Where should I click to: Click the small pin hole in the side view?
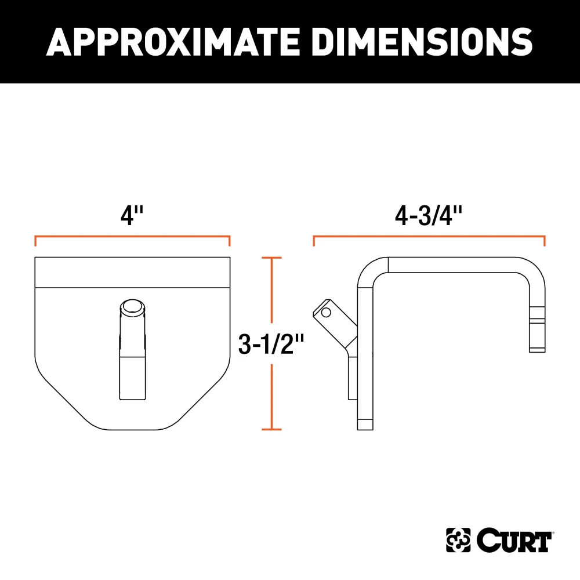[325, 313]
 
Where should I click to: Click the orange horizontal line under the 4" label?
[132, 237]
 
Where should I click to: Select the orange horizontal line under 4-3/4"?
[429, 237]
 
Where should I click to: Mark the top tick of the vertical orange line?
[271, 258]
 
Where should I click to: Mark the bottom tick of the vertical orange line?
[271, 429]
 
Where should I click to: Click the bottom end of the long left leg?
[365, 424]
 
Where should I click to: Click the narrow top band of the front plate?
[132, 272]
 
